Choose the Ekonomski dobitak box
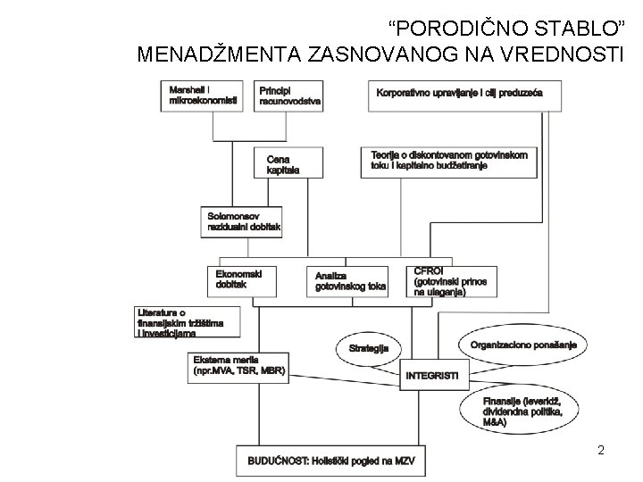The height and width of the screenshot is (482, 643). [x=240, y=279]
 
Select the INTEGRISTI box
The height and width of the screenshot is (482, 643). [x=431, y=376]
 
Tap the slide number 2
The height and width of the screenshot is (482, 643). [x=601, y=450]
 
